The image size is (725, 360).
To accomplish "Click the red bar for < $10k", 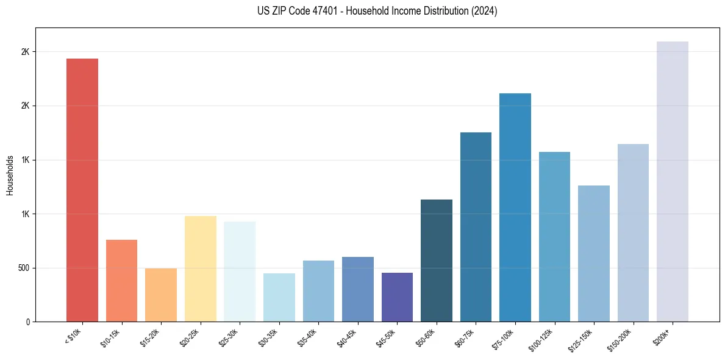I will [82, 190].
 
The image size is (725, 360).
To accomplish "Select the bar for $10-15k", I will [121, 281].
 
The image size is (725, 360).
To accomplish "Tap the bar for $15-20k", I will [161, 295].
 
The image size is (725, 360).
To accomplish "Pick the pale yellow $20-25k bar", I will [200, 268].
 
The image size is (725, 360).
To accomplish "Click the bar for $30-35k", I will [279, 297].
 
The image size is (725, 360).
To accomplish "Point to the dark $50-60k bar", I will [436, 261].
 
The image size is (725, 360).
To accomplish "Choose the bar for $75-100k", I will [515, 207].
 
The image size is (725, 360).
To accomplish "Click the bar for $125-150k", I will [593, 253].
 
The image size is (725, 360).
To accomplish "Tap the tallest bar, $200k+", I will [672, 181].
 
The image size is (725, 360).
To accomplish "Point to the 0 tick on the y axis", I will [27, 322].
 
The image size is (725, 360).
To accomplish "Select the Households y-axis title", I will [10, 175].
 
